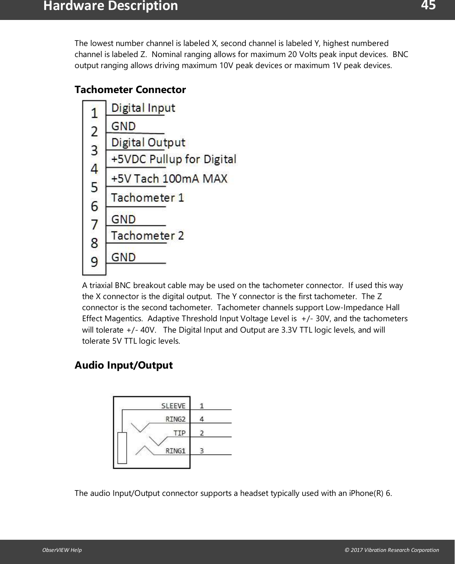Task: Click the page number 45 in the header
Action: click(428, 6)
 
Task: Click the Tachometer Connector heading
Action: click(130, 89)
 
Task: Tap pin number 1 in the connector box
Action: click(94, 113)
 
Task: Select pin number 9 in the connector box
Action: click(94, 262)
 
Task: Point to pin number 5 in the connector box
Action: click(94, 187)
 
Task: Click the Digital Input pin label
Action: click(143, 108)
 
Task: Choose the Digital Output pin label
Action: click(148, 143)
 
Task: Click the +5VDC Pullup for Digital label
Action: click(173, 159)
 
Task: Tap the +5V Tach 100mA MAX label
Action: click(169, 178)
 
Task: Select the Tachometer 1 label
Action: click(147, 198)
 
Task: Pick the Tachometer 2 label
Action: click(147, 236)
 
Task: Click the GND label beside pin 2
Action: click(123, 126)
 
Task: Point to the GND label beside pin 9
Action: click(123, 257)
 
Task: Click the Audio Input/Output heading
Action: click(123, 365)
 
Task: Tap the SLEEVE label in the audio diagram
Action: click(173, 406)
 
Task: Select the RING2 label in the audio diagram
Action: click(175, 419)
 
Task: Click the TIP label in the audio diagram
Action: click(180, 433)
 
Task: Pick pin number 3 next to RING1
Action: click(202, 451)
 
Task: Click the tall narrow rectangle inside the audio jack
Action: click(122, 448)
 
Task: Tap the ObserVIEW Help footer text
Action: click(62, 550)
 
